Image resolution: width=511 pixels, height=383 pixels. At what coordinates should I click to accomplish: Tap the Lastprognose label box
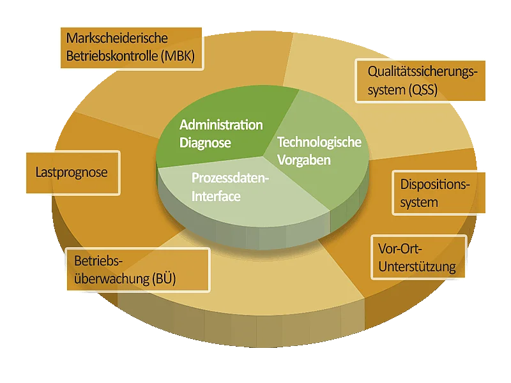point(71,172)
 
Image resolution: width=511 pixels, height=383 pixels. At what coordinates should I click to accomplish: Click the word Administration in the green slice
point(221,124)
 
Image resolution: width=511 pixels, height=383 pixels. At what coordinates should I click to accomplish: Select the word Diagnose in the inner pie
point(205,143)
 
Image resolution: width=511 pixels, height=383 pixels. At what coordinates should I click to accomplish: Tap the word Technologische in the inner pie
point(319,142)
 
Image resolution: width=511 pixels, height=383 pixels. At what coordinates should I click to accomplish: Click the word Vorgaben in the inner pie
point(304,160)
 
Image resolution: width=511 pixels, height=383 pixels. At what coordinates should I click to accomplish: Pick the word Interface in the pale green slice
point(216,197)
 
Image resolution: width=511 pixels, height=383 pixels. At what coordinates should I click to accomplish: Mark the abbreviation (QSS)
point(423,90)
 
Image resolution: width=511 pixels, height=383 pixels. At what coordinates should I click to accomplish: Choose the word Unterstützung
point(417,266)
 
